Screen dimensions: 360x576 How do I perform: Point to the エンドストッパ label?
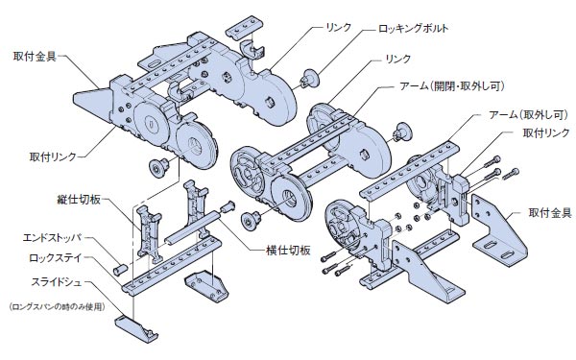57,236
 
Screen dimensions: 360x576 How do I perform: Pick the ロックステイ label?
60,257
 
